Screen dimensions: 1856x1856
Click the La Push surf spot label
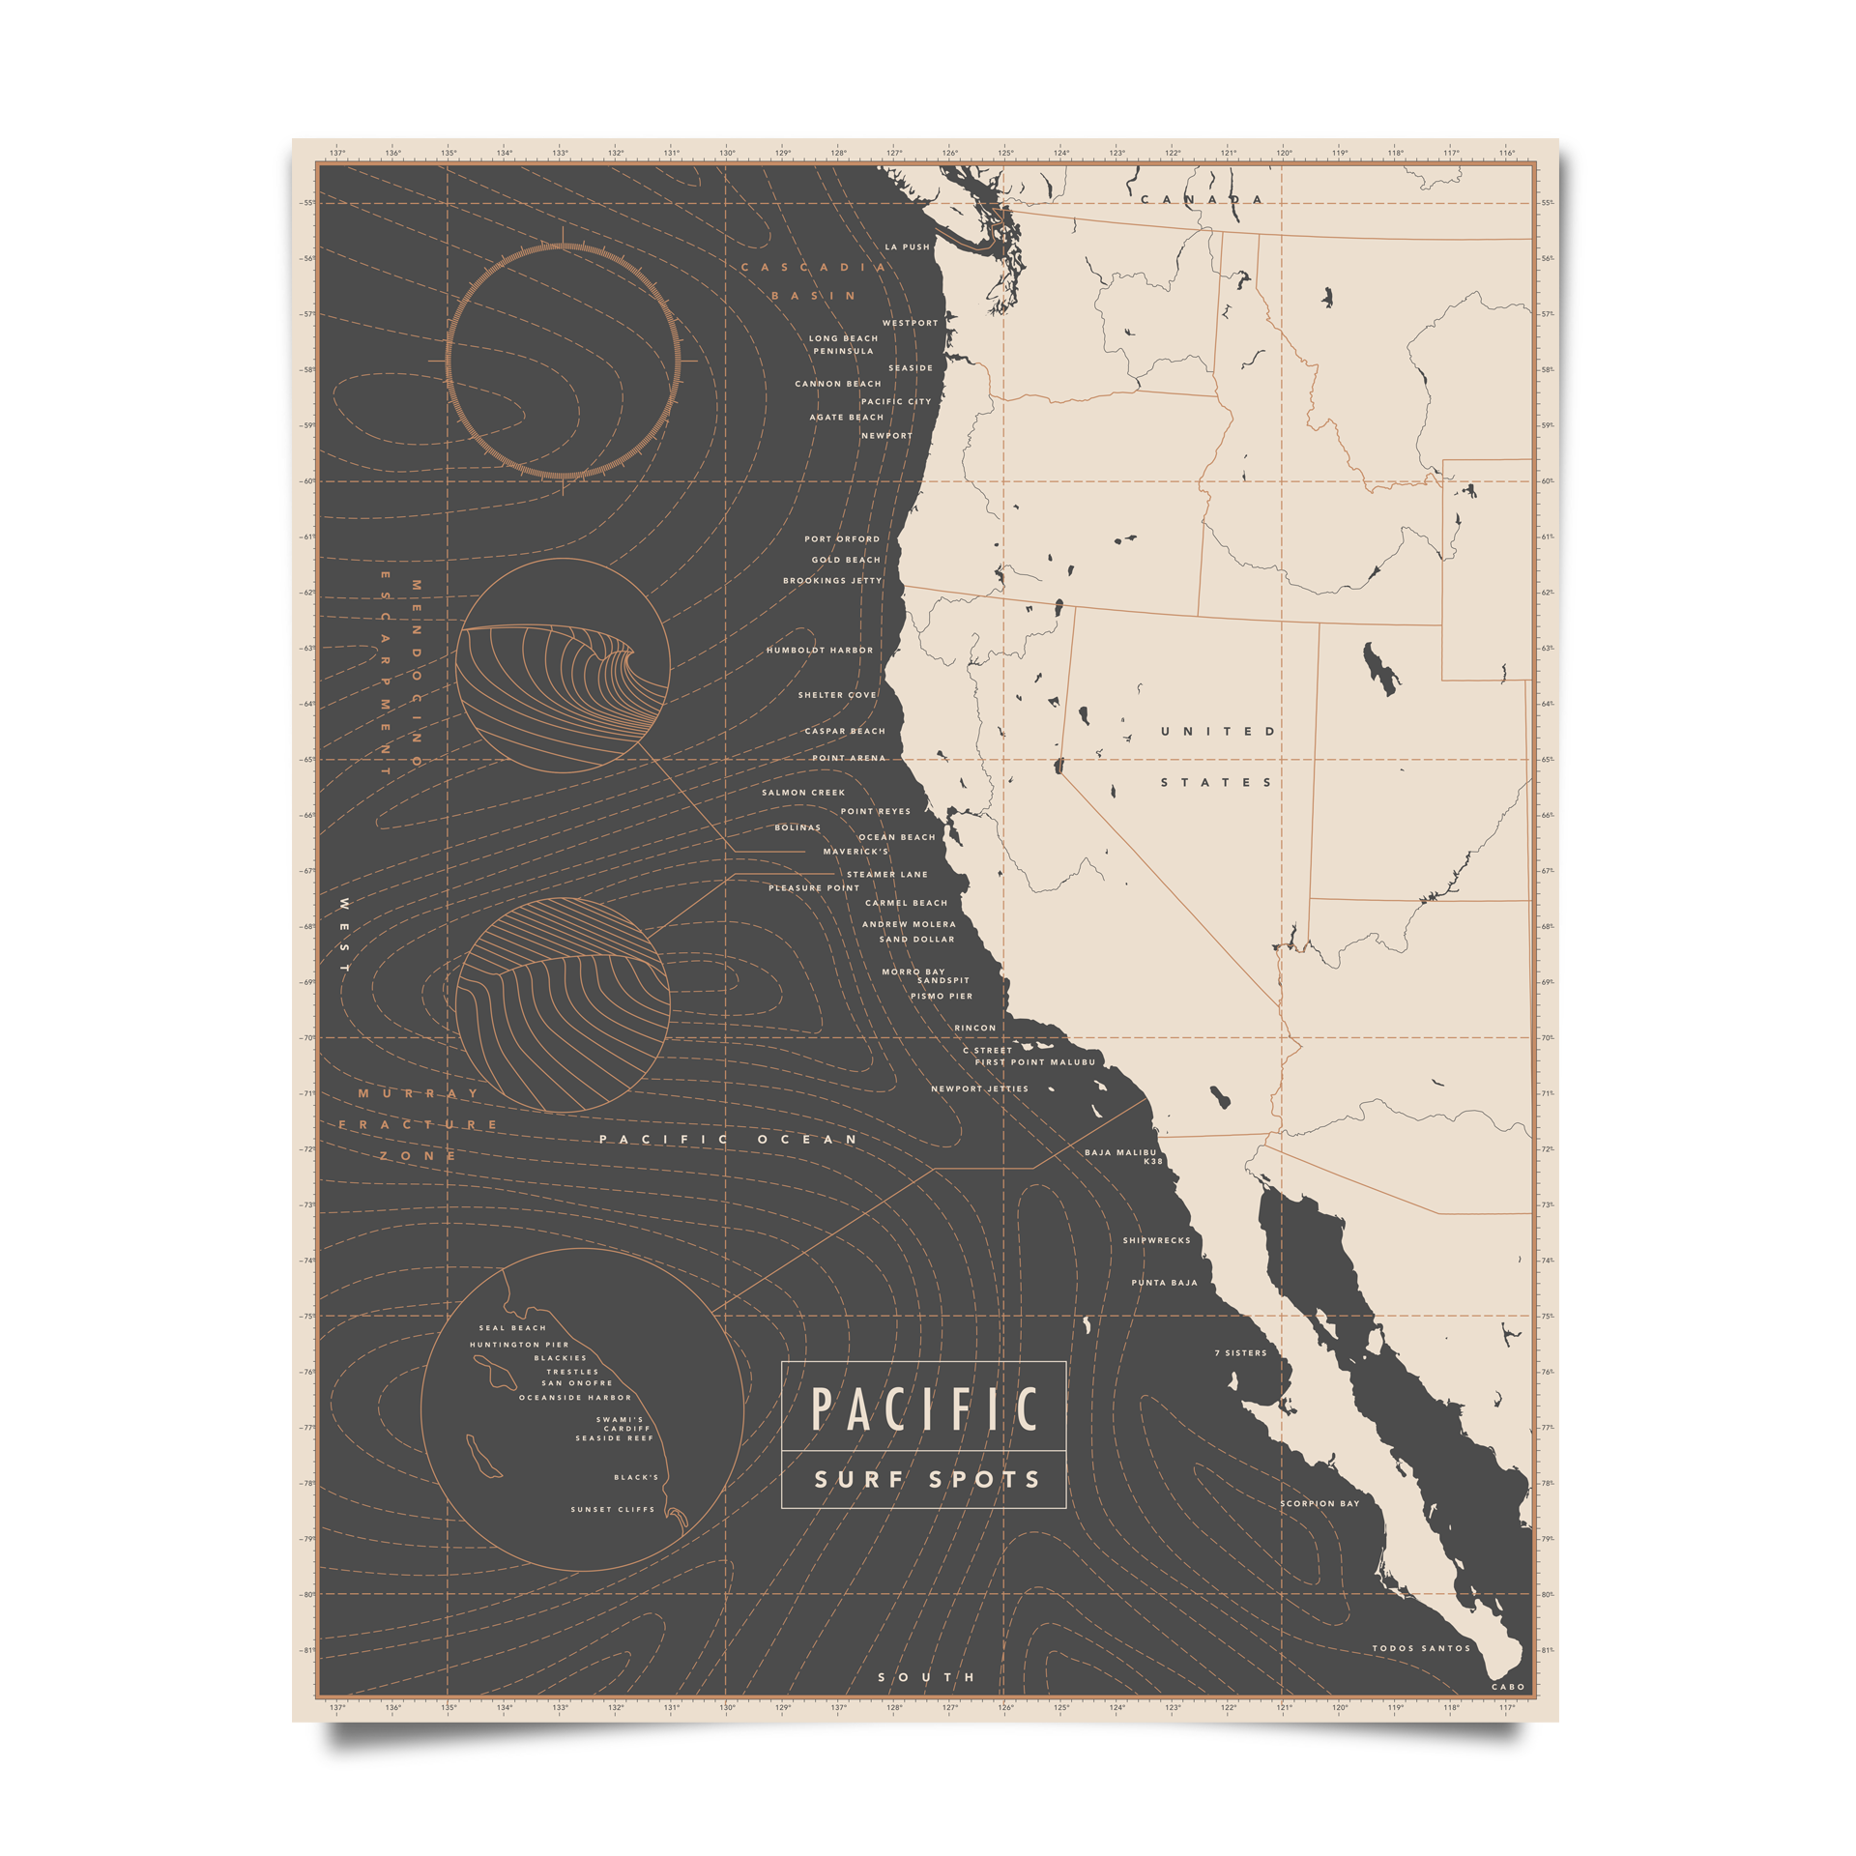pos(907,247)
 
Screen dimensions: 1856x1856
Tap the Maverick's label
pos(855,852)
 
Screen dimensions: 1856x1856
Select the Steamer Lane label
pos(886,874)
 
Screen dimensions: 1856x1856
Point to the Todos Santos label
pos(1421,1648)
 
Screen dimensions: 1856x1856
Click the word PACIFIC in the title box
pos(923,1409)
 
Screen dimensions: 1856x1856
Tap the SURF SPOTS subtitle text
pos(926,1480)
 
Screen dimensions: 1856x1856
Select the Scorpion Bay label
pos(1319,1503)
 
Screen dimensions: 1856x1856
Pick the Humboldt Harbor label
pos(819,651)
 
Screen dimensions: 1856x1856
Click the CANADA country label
pos(1202,200)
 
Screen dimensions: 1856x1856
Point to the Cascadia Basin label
pos(813,281)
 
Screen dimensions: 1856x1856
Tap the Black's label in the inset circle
pos(636,1477)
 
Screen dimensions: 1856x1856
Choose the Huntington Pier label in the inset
pos(519,1345)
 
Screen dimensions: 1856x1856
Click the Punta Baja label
pos(1164,1283)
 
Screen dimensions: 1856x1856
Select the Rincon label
pos(974,1028)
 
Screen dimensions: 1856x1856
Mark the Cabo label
pos(1508,1687)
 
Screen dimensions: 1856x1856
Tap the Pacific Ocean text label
pos(728,1140)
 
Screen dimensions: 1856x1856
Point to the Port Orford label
pos(842,539)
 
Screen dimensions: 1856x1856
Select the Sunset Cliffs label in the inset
pos(612,1509)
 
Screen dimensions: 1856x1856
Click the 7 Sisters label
pos(1240,1353)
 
